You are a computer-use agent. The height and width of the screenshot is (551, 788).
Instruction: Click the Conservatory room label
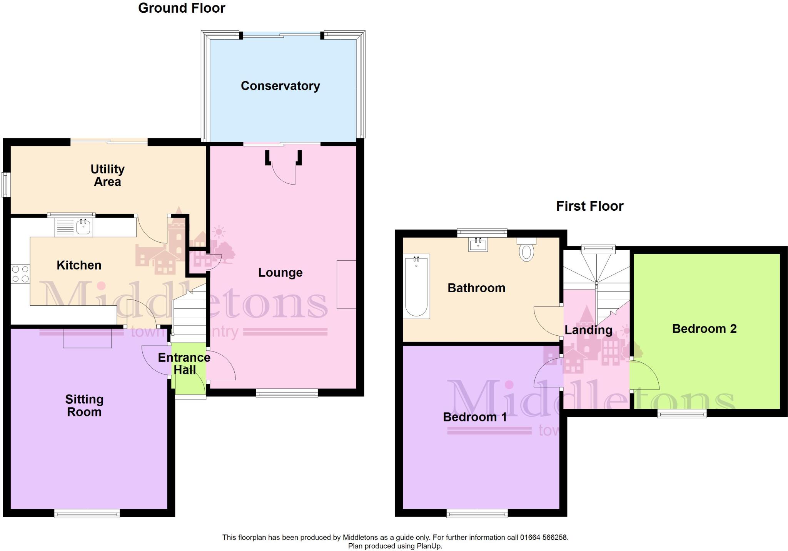click(280, 86)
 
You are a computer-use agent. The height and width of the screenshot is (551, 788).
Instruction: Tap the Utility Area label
click(107, 175)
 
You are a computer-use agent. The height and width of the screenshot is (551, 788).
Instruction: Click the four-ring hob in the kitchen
click(20, 274)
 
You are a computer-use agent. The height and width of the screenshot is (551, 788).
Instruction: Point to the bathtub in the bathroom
click(416, 286)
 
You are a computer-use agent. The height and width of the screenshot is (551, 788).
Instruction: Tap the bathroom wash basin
click(478, 245)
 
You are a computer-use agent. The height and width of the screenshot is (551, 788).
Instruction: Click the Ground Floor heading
click(182, 8)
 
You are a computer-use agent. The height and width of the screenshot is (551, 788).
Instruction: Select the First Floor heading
click(589, 206)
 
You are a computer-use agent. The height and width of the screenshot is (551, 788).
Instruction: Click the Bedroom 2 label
click(704, 329)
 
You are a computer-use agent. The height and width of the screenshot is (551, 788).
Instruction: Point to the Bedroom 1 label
click(475, 417)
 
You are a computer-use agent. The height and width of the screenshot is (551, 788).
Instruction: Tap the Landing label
click(588, 330)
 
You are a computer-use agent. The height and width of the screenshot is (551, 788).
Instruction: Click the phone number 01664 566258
click(544, 538)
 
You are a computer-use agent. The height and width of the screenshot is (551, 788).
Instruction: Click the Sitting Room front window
click(87, 513)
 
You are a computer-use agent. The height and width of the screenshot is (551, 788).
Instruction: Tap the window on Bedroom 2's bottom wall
click(682, 413)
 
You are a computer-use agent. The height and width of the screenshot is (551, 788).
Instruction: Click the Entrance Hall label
click(184, 364)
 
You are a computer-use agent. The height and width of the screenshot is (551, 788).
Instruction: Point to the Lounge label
click(280, 273)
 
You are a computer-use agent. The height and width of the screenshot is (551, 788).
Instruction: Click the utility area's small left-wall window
click(6, 185)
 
